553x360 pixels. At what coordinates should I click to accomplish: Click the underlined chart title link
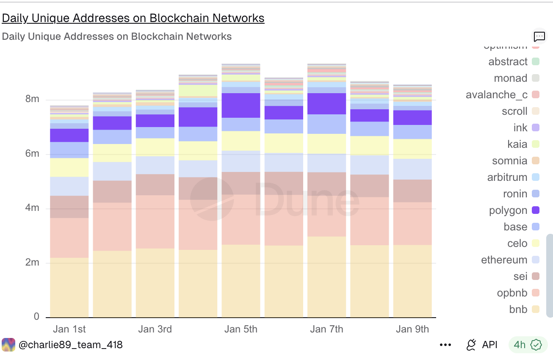click(133, 18)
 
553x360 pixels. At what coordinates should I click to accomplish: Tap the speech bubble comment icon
click(539, 36)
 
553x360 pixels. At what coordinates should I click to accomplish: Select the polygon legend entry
click(508, 210)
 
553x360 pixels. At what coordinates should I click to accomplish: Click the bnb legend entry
click(518, 310)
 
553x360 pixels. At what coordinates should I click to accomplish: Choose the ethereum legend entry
click(504, 260)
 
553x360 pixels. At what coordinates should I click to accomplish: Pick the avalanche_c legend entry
click(496, 95)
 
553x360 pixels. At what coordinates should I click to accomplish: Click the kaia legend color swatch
click(535, 144)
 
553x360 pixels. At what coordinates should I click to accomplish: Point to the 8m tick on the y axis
click(32, 99)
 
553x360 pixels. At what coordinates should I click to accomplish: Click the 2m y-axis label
click(32, 263)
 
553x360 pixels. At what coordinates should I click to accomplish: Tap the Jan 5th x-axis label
click(241, 329)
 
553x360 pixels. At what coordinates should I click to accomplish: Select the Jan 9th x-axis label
click(412, 329)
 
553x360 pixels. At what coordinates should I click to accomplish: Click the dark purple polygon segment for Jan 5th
click(241, 105)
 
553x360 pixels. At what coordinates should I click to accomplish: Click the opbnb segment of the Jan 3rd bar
click(155, 222)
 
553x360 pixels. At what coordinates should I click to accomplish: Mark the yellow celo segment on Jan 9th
click(412, 149)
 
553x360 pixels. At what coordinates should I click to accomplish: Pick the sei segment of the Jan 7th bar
click(326, 183)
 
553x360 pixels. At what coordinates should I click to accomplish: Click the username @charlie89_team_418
click(70, 345)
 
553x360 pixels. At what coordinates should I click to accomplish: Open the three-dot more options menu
click(445, 345)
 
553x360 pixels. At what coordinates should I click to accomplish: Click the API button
click(482, 345)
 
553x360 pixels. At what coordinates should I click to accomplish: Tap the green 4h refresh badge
click(525, 345)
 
